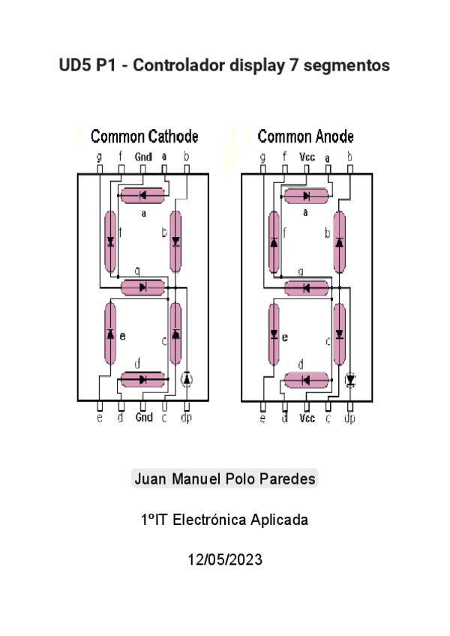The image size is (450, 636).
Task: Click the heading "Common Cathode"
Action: [144, 136]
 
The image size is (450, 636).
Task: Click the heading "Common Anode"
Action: [305, 136]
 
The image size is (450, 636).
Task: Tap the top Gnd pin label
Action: [143, 157]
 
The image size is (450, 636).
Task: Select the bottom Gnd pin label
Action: [143, 418]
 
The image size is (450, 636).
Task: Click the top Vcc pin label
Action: [307, 157]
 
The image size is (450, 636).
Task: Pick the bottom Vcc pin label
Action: [307, 418]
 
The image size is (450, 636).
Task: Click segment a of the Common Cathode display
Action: [143, 196]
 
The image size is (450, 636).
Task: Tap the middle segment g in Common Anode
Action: [307, 288]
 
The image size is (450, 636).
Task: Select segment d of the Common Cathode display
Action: [143, 379]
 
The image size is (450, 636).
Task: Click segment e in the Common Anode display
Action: [274, 334]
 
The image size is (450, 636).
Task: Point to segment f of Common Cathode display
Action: [110, 241]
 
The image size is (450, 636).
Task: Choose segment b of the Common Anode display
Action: [340, 242]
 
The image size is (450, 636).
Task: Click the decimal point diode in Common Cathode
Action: [187, 379]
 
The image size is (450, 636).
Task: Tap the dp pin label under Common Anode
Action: [349, 418]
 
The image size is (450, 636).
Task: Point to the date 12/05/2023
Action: [225, 559]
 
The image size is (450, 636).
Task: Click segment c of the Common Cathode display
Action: [175, 334]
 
